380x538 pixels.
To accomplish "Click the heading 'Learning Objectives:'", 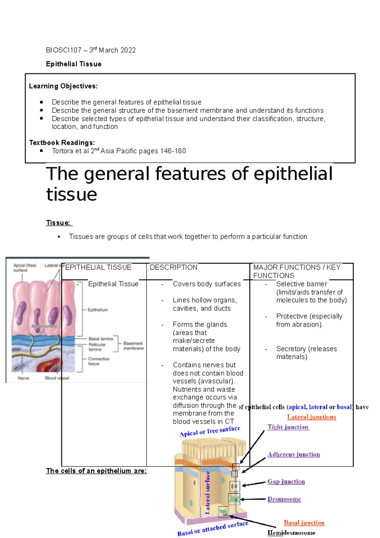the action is tap(63, 86).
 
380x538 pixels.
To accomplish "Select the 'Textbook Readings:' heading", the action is tap(62, 143).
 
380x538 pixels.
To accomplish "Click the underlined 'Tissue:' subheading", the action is tap(59, 223).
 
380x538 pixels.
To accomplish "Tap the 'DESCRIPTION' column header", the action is tap(174, 267).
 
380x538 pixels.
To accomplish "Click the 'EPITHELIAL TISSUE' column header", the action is tap(98, 267).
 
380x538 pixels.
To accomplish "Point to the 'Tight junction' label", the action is tap(288, 427).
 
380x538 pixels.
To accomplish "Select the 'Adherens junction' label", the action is tap(294, 454).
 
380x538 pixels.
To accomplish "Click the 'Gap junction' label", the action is tap(286, 482).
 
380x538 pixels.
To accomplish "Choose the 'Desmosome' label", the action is tap(284, 499).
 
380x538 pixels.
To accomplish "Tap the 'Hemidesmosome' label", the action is tap(291, 533).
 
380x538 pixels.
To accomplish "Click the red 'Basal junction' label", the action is tap(304, 523).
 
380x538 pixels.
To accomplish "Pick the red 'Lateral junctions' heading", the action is tap(312, 417).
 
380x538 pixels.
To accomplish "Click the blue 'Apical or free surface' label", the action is tap(210, 431).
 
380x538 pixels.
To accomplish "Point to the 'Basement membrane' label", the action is tap(133, 346).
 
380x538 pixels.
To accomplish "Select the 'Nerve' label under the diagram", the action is tap(23, 378).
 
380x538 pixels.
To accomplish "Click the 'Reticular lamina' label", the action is tap(97, 347).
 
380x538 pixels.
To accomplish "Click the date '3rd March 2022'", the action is tap(112, 50).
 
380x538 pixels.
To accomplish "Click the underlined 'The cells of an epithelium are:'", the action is tap(96, 471).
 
